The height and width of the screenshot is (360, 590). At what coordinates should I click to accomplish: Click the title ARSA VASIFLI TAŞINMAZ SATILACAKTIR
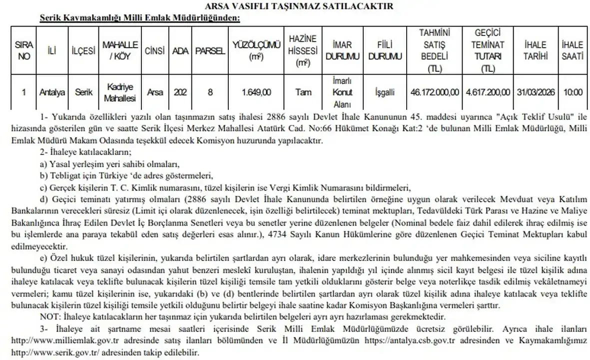[295, 6]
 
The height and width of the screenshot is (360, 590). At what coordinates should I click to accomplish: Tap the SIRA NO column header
[24, 50]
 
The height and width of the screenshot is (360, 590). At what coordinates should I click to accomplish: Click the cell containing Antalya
[52, 92]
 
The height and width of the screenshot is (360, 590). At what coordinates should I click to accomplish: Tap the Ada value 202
[179, 92]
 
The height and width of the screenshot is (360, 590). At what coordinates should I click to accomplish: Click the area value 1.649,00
[256, 92]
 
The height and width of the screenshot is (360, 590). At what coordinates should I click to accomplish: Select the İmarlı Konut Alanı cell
[343, 92]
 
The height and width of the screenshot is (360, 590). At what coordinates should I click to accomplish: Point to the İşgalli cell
[385, 92]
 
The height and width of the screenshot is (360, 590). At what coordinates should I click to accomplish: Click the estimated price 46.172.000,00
[435, 92]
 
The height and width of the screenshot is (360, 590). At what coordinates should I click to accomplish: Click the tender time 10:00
[572, 92]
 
